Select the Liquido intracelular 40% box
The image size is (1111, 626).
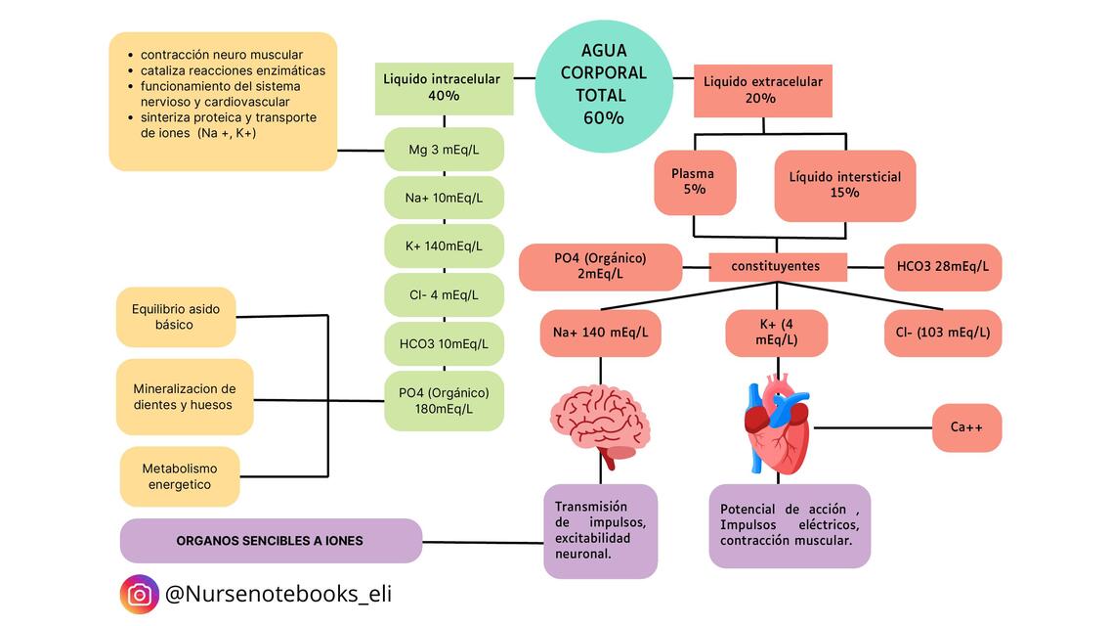click(x=444, y=88)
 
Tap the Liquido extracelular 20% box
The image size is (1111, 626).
click(x=762, y=89)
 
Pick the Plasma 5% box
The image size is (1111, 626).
click(x=694, y=181)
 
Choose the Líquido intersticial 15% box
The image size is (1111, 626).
click(x=844, y=185)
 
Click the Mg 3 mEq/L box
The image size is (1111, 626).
click(x=444, y=150)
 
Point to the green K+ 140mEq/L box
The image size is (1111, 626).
click(x=444, y=246)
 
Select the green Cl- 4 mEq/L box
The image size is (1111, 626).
click(x=444, y=294)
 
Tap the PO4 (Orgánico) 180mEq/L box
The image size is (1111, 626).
click(x=444, y=400)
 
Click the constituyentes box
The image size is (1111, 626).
click(x=777, y=266)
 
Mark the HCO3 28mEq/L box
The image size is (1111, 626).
click(x=942, y=266)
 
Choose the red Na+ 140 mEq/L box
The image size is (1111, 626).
click(x=600, y=333)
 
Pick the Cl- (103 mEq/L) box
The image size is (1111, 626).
click(x=942, y=333)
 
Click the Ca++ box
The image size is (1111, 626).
click(x=966, y=427)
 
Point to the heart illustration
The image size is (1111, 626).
click(x=778, y=425)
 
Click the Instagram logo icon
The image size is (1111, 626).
click(x=140, y=594)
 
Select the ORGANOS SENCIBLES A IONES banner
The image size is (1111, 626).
click(x=271, y=541)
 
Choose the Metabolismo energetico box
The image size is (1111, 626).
click(x=180, y=476)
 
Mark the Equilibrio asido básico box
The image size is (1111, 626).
click(x=176, y=317)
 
